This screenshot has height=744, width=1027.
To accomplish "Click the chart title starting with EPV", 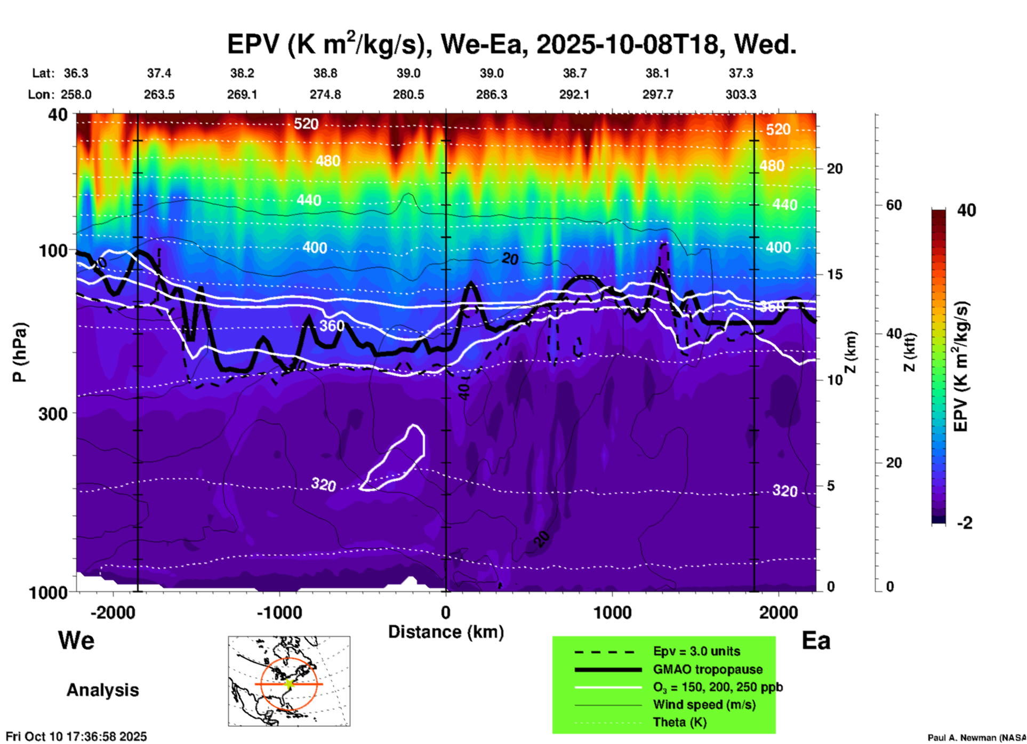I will point(512,44).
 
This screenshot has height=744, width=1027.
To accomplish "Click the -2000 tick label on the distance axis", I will point(113,612).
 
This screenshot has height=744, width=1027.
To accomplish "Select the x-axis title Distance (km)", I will point(446,632).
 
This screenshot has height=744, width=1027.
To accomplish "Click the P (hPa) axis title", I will point(20,352).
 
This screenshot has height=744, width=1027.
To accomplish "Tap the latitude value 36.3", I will point(76,73).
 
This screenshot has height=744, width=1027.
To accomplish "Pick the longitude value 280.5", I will point(408,94).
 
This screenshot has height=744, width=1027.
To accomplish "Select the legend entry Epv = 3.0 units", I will point(696,651).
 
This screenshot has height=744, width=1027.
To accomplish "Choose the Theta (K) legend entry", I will point(679,722).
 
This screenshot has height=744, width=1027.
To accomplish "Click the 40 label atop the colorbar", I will point(966,210).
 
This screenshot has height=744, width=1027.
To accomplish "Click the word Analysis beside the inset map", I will point(102,690).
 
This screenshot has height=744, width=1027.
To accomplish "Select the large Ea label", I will point(816,641).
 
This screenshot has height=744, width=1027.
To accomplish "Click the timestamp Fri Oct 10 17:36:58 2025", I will point(76,737).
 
